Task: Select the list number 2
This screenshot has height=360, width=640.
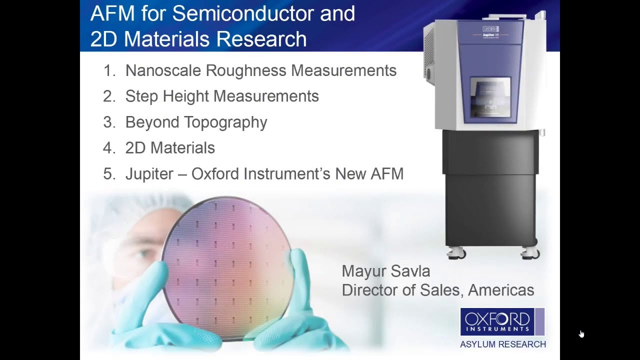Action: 109,96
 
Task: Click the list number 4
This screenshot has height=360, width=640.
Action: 109,148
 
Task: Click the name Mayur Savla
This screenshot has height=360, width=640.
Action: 385,271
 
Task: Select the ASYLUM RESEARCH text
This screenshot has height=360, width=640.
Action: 502,344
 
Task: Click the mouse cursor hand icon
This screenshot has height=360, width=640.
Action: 581,334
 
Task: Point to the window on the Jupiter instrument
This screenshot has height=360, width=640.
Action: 490,98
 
